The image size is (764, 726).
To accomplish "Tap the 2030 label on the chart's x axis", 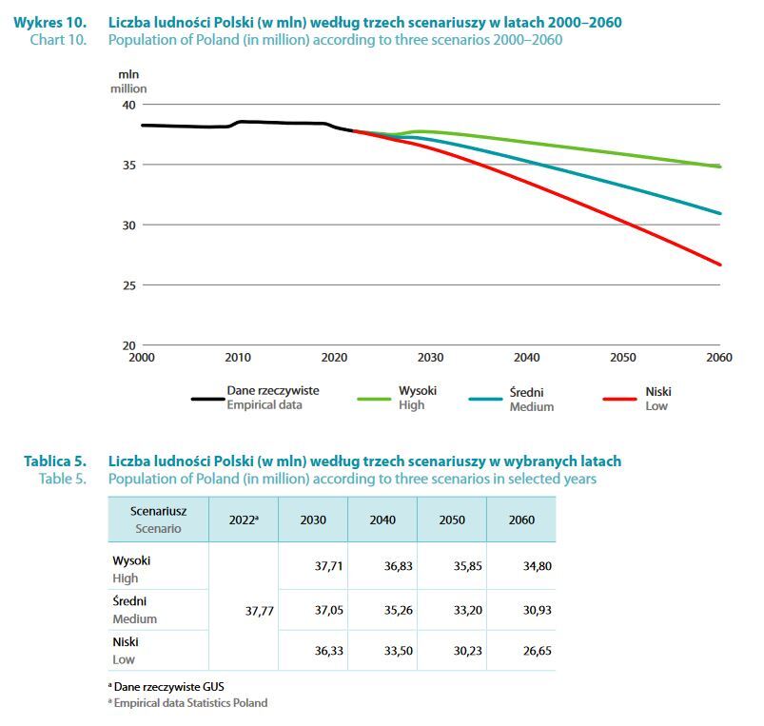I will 430,358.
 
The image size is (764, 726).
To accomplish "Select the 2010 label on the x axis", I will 238,358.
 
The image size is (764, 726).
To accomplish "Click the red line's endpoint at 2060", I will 719,265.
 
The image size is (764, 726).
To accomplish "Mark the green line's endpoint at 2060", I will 719,167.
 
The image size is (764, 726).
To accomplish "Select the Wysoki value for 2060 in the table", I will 537,566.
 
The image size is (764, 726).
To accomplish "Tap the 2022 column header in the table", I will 244,520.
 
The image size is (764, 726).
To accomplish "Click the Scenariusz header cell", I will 158,519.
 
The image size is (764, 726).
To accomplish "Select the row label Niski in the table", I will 126,642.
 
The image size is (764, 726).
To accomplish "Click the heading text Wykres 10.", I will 49,22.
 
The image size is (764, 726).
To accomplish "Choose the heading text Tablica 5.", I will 54,461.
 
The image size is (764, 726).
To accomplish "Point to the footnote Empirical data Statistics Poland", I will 190,703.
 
